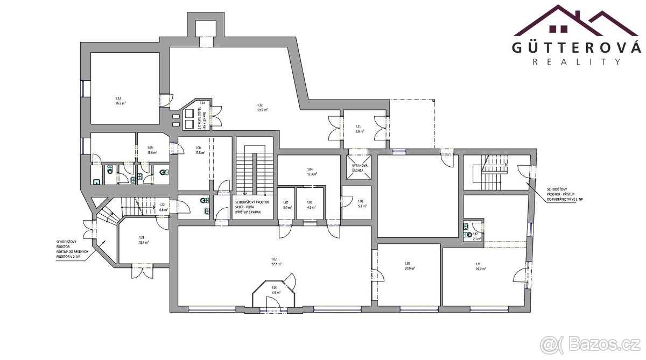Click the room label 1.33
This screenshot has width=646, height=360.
(x=118, y=98)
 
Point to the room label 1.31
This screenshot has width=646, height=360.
(x=359, y=126)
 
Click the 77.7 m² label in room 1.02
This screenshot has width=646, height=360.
(x=273, y=264)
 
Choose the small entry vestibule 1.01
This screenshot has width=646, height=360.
(x=274, y=290)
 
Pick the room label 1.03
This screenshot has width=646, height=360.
(x=408, y=263)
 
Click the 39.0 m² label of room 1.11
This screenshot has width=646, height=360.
(x=478, y=268)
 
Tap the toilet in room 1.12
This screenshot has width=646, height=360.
(x=467, y=235)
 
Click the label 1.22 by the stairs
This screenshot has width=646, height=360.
(x=161, y=204)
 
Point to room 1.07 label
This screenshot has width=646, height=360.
(x=286, y=202)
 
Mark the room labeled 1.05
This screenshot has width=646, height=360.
(x=310, y=202)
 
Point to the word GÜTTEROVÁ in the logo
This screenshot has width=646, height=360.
(x=576, y=47)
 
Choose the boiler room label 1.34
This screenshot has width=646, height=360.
(x=202, y=102)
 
